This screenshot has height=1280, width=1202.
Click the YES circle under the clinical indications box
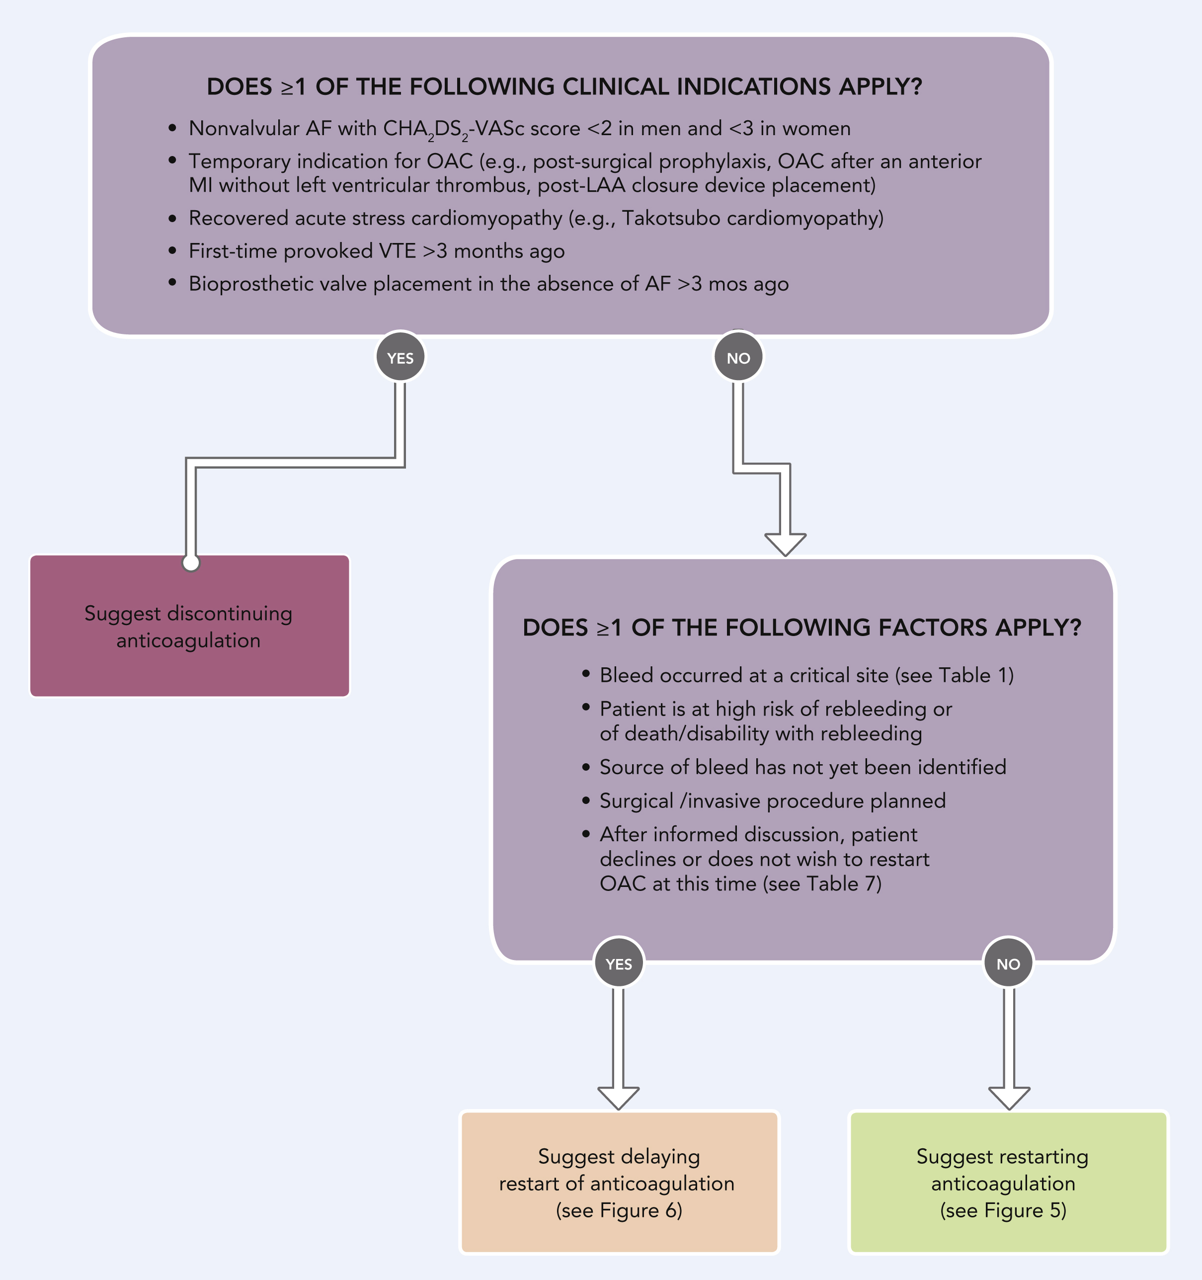pos(400,357)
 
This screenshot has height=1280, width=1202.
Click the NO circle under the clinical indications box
pos(738,357)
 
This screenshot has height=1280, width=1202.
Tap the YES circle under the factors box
pos(619,963)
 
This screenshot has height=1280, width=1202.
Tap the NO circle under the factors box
pos(1008,963)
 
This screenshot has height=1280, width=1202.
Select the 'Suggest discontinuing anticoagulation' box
pos(190,626)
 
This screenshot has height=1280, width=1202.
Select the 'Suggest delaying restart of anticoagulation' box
pos(619,1182)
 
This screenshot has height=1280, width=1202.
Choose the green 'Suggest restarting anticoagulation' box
pos(1008,1182)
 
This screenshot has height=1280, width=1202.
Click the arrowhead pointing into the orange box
pos(619,1098)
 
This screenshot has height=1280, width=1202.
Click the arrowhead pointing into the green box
pos(1009,1098)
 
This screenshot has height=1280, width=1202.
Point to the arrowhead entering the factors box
pos(786,545)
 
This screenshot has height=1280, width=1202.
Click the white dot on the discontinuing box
pos(191,563)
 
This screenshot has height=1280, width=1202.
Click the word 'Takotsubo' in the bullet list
pos(670,218)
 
